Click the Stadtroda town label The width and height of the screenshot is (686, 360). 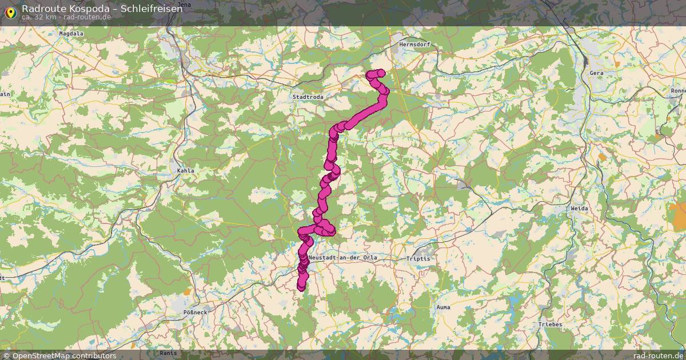[x=308, y=97]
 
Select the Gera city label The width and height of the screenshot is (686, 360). [x=596, y=73]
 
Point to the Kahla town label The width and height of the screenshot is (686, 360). [x=186, y=170]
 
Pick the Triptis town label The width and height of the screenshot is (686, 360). [x=418, y=258]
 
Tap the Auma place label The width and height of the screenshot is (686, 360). [x=442, y=307]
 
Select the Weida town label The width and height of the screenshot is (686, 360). [x=579, y=209]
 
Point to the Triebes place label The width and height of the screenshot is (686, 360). [x=550, y=324]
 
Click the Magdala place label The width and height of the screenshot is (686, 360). [x=71, y=34]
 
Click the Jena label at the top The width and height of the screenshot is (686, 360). [x=185, y=4]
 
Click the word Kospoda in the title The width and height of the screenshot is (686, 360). [x=92, y=8]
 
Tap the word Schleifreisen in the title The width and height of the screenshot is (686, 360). [x=151, y=8]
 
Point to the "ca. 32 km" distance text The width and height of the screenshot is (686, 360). [x=38, y=17]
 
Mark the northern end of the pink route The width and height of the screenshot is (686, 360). [x=371, y=74]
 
